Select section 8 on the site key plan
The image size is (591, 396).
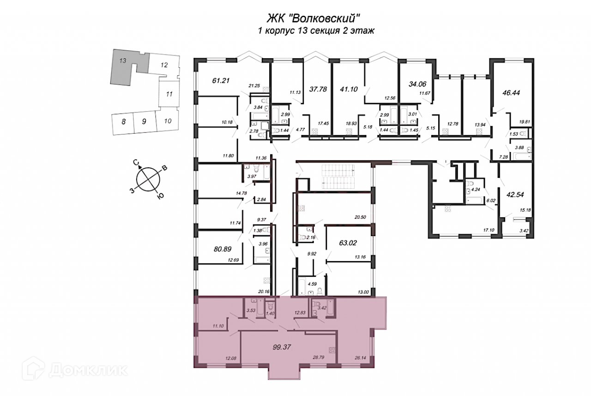pos(123,122)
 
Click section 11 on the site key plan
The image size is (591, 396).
pos(169,94)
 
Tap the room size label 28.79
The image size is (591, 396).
pos(305,358)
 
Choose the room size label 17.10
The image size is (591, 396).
pos(488,229)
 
